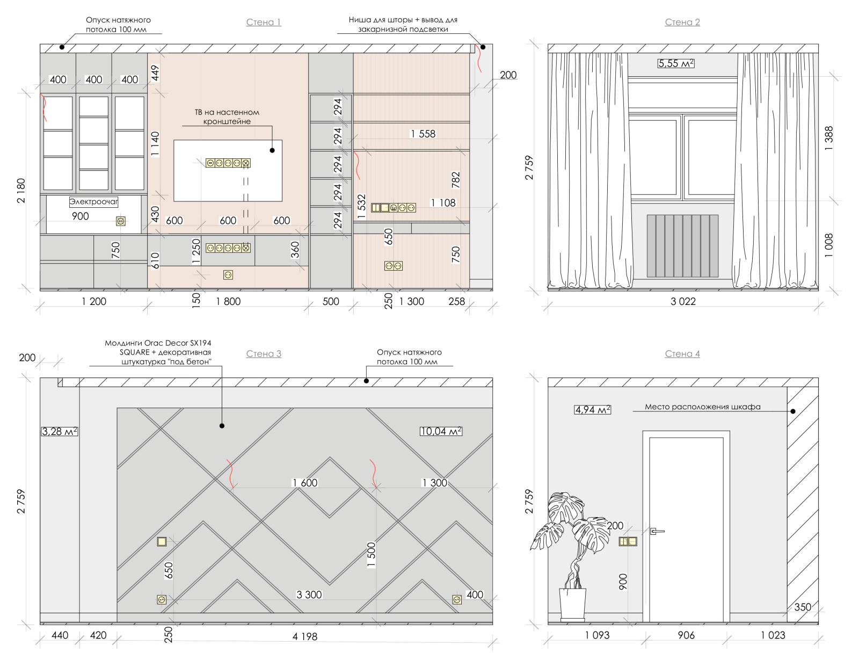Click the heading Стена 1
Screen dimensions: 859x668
click(x=263, y=22)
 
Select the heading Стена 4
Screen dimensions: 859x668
click(x=682, y=354)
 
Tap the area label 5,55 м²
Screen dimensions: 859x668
click(x=676, y=63)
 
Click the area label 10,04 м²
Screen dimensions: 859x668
click(x=441, y=431)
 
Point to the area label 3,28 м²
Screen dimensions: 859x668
click(x=60, y=431)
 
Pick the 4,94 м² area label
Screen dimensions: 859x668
click(x=592, y=410)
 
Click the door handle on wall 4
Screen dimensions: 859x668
click(x=657, y=531)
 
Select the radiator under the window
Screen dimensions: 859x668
click(x=682, y=246)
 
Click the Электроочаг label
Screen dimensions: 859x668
click(x=94, y=201)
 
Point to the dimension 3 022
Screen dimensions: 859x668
click(x=683, y=302)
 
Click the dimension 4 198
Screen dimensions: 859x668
click(x=305, y=636)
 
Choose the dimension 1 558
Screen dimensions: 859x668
click(x=423, y=134)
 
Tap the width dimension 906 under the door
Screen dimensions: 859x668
click(x=686, y=635)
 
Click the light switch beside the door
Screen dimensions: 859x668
click(x=628, y=541)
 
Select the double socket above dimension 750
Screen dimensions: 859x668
click(x=394, y=266)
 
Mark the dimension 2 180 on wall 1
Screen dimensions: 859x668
click(x=21, y=191)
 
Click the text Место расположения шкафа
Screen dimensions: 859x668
click(x=702, y=406)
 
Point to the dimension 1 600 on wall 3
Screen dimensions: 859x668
click(x=305, y=483)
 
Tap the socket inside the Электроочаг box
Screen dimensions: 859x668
click(x=121, y=221)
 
